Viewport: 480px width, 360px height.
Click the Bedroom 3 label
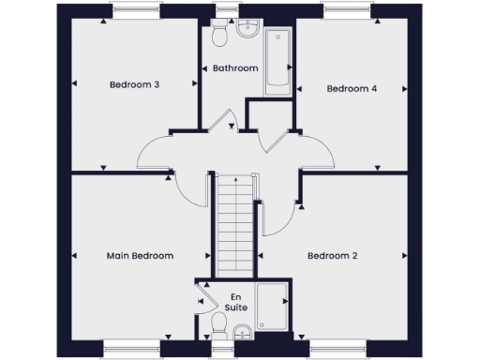pyautogui.click(x=134, y=84)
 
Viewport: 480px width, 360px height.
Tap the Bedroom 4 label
pyautogui.click(x=352, y=88)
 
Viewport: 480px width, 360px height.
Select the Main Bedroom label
pyautogui.click(x=140, y=255)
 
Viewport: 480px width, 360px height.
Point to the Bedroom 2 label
pyautogui.click(x=333, y=255)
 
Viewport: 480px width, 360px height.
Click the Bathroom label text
pyautogui.click(x=235, y=67)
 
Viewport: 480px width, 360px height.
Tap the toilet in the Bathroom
pyautogui.click(x=220, y=36)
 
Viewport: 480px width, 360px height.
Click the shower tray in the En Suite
pyautogui.click(x=273, y=307)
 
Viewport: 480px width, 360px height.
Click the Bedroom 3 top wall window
pyautogui.click(x=135, y=12)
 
